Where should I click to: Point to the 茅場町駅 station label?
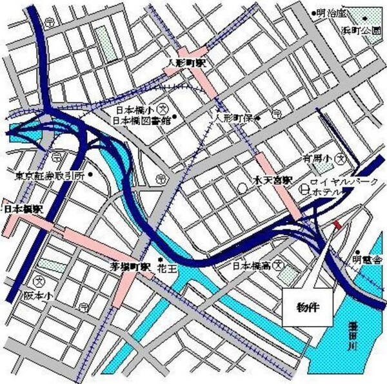pyautogui.click(x=129, y=265)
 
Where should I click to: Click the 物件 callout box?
pyautogui.click(x=310, y=308)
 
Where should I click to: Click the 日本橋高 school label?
pyautogui.click(x=252, y=265)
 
